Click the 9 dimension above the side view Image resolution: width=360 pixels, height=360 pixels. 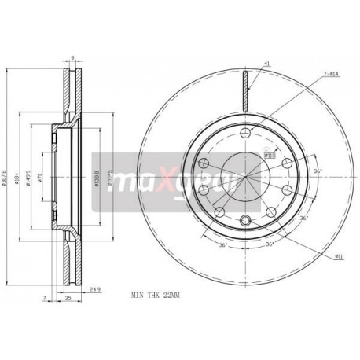point(72,57)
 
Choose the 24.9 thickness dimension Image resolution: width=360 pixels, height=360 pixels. point(95,288)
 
